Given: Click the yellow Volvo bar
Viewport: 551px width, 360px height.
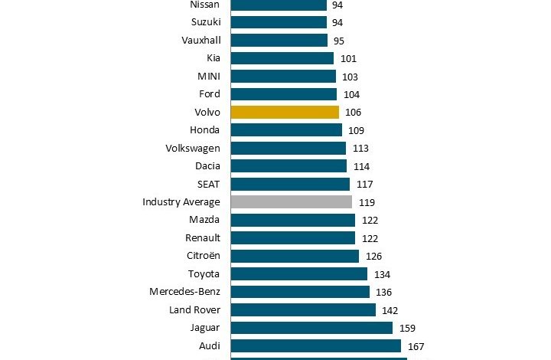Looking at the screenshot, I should tap(285, 112).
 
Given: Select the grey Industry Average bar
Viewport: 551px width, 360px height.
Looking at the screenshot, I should tap(291, 202).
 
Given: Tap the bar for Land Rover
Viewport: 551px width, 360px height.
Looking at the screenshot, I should tap(303, 309).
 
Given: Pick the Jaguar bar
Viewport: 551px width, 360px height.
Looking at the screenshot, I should tap(311, 328).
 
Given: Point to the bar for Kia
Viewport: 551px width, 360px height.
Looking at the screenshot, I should tap(282, 58).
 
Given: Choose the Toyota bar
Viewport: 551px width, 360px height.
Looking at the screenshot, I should tap(298, 274).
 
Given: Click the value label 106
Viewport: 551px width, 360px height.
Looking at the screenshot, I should tap(353, 113).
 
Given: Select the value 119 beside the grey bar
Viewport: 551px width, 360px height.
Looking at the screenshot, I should tap(366, 202).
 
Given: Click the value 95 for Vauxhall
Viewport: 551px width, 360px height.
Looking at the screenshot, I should tap(339, 41).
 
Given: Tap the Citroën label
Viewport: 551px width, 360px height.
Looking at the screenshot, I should tap(203, 256).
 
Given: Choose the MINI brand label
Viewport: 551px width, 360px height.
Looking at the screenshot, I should tap(208, 77).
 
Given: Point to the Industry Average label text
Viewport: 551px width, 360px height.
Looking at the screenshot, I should tap(181, 202).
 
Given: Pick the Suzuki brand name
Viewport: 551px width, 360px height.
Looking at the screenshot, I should tap(205, 22).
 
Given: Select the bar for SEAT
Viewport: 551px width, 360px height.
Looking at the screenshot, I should tap(290, 184).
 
